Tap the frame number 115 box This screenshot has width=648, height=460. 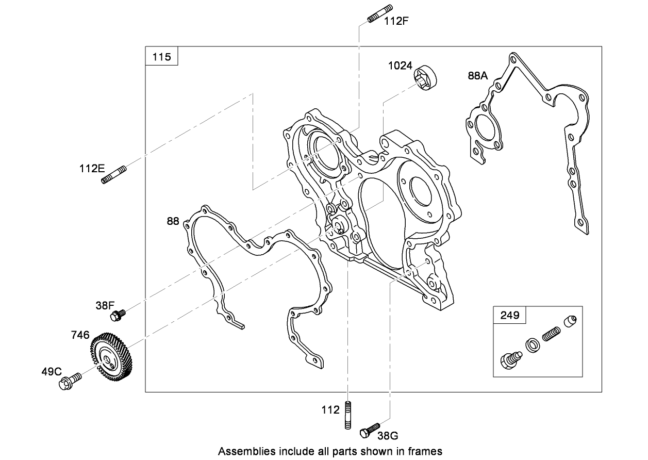(x=161, y=56)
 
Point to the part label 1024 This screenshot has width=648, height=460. (x=400, y=65)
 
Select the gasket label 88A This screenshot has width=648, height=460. (x=477, y=76)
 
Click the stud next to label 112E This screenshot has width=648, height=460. (x=114, y=174)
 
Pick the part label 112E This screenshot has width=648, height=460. (x=92, y=168)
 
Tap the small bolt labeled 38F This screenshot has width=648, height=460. (x=118, y=314)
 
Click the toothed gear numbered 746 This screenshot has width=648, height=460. (x=112, y=358)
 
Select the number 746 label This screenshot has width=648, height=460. (x=80, y=335)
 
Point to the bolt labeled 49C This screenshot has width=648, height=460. (x=70, y=382)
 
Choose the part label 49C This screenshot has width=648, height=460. (x=52, y=371)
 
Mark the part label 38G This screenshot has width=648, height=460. (x=388, y=436)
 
